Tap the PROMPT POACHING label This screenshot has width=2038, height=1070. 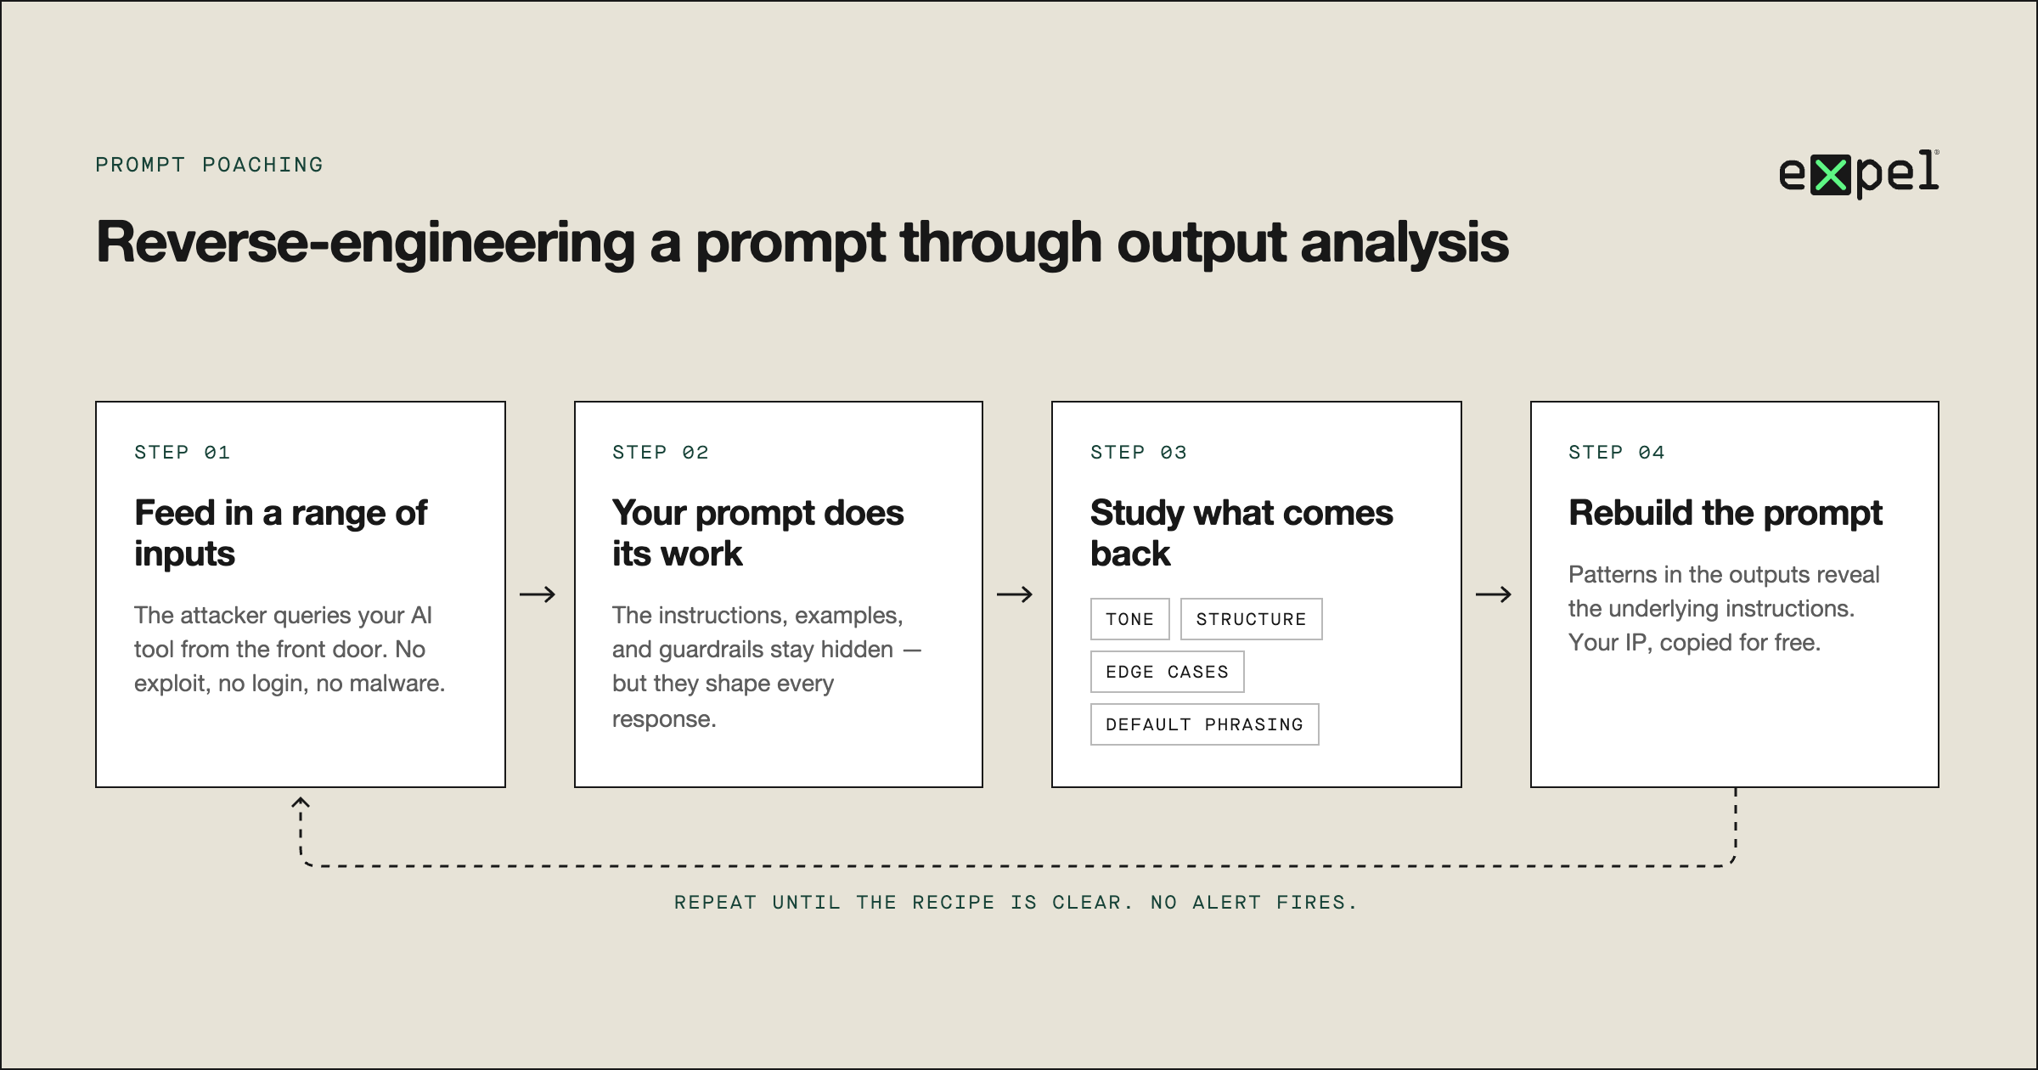tap(209, 165)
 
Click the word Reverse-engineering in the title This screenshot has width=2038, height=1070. tap(366, 243)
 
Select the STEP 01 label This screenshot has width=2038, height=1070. tap(182, 453)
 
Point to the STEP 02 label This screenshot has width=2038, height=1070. tap(660, 453)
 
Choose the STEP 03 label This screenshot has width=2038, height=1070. tap(1138, 453)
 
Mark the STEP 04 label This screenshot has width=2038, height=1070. tap(1616, 453)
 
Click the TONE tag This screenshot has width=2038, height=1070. tap(1129, 619)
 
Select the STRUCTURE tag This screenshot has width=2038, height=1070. tap(1251, 619)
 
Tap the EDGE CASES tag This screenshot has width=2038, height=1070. tap(1167, 672)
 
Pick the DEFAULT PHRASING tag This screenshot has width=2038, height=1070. tap(1204, 724)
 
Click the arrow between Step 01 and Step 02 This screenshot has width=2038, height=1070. tap(538, 594)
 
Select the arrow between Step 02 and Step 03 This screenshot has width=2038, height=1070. tap(1015, 594)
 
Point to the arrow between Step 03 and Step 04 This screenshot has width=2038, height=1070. tap(1494, 594)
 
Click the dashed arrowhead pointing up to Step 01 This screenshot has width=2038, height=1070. tap(301, 802)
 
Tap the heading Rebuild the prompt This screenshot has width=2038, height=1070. tap(1725, 513)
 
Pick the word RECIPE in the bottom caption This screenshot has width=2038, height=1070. tap(953, 903)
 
